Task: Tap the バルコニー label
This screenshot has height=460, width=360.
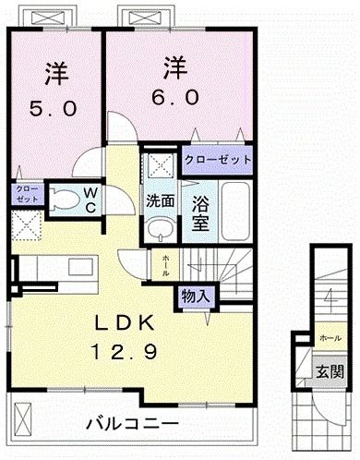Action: pos(132,425)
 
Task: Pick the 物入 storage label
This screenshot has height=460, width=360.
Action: pos(197,297)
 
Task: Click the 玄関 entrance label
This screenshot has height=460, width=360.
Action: pos(330,373)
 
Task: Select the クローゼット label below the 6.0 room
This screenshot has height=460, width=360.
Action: pos(217,160)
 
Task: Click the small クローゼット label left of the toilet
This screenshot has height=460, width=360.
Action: pos(26,194)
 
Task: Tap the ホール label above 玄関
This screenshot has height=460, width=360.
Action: pos(329,338)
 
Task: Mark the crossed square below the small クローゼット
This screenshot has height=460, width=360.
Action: pos(26,224)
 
